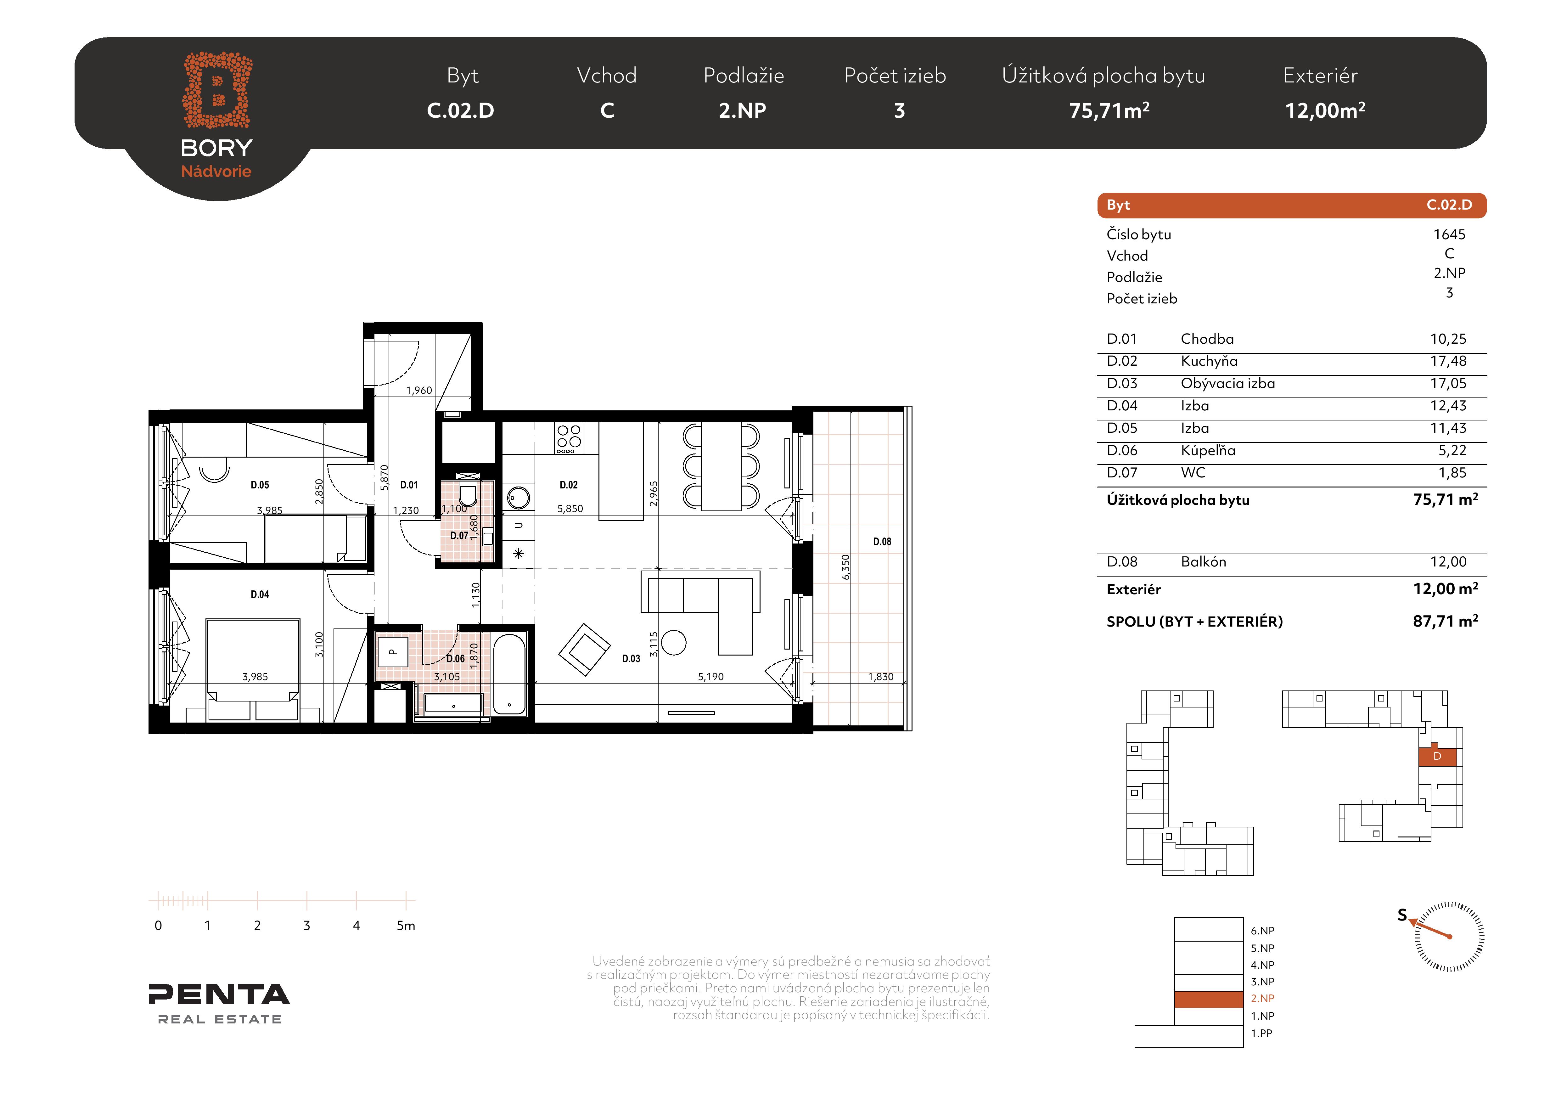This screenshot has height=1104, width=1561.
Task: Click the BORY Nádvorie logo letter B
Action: click(x=217, y=90)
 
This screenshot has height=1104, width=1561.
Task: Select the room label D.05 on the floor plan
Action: click(x=260, y=485)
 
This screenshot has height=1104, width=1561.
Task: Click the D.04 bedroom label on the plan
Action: click(x=260, y=594)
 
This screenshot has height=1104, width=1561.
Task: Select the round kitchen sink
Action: click(x=519, y=498)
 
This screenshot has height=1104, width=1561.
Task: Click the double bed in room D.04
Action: click(x=253, y=670)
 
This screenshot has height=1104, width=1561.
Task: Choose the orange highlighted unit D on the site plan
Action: click(x=1437, y=757)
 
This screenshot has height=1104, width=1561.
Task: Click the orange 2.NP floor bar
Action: click(x=1209, y=999)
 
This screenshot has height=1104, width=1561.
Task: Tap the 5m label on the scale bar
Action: click(x=406, y=925)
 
